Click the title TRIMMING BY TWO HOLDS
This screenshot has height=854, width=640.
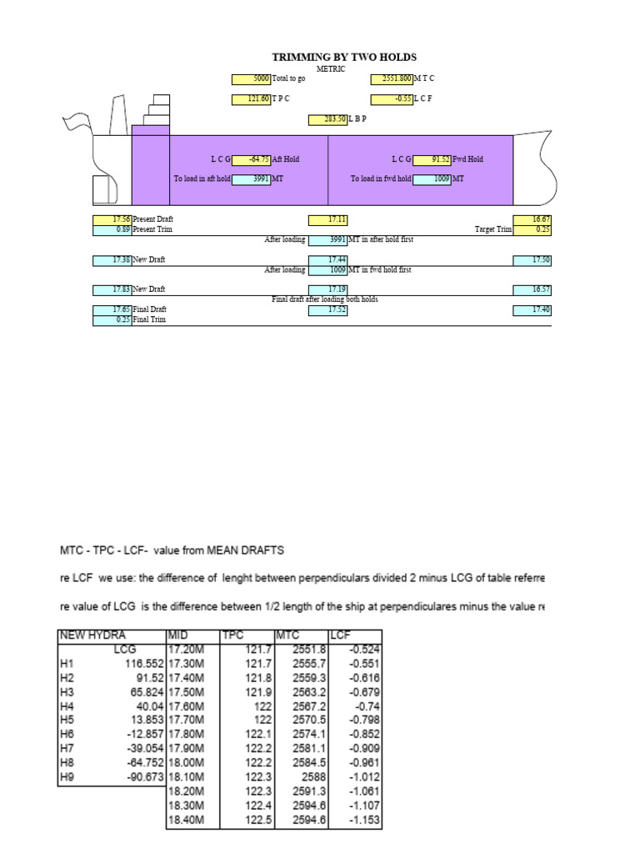tap(343, 57)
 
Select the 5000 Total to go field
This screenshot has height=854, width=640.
tap(251, 79)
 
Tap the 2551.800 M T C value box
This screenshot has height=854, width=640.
tap(391, 79)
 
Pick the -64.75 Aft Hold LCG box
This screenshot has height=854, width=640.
tap(251, 159)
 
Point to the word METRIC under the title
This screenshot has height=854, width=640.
tap(331, 68)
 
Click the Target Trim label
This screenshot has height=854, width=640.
tap(493, 229)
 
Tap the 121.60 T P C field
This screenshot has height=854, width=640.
tap(251, 99)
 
